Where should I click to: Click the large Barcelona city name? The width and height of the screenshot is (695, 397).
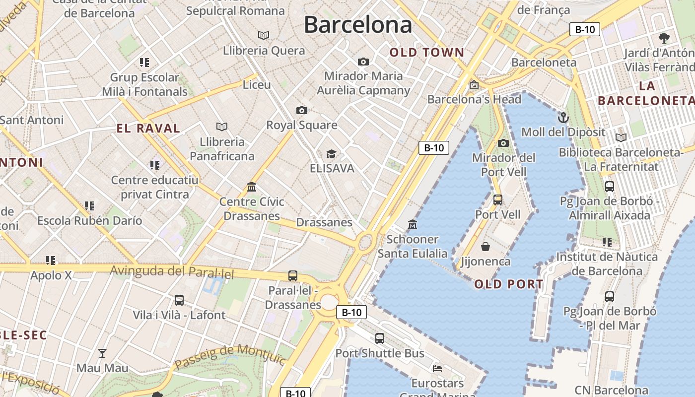tap(357, 25)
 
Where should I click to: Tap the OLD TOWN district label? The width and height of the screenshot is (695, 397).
tap(426, 52)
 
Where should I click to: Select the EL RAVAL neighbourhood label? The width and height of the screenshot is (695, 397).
tap(148, 128)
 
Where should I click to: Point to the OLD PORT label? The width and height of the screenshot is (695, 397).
tap(508, 284)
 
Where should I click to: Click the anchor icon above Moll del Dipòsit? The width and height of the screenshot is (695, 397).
tap(563, 118)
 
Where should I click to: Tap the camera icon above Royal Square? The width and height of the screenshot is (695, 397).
tap(301, 110)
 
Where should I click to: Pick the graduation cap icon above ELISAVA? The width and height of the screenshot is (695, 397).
tap(331, 154)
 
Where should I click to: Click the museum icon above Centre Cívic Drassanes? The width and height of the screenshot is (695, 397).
tap(252, 187)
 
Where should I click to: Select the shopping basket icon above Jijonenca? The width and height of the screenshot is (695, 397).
tap(486, 247)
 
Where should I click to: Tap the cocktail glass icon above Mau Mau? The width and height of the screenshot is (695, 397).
tap(102, 353)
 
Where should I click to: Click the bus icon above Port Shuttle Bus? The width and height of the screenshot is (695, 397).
tap(380, 338)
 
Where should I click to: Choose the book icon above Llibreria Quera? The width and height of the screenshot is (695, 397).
tap(264, 36)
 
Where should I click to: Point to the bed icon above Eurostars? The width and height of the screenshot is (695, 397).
tap(437, 369)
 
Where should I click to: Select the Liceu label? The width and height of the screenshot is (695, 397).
tap(257, 85)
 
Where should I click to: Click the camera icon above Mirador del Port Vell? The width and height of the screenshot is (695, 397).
tap(503, 143)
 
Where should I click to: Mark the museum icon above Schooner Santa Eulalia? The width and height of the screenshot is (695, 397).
tap(412, 225)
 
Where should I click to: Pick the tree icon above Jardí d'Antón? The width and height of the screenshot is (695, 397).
tap(664, 38)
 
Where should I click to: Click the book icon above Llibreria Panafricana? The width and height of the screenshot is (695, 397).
tap(222, 127)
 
